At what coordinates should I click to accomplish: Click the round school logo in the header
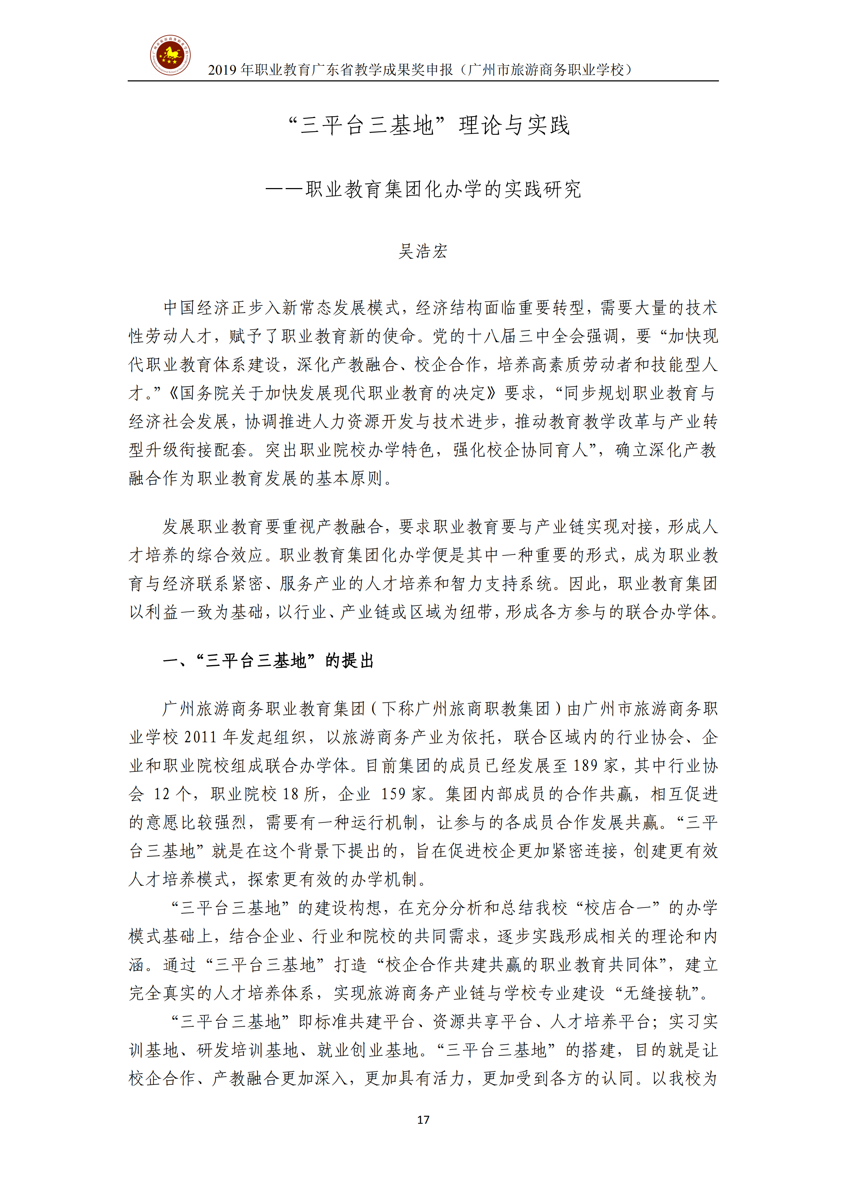point(170,55)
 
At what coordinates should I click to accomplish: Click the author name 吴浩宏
point(423,251)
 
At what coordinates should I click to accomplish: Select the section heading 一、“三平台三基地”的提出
point(268,661)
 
